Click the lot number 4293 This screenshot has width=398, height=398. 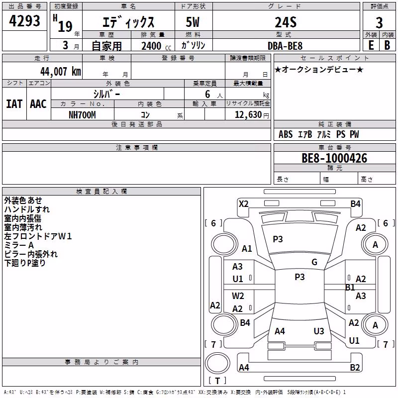(x=24, y=21)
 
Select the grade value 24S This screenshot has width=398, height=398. (x=286, y=22)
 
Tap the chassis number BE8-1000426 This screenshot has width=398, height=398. (x=334, y=158)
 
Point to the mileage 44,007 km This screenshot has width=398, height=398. (x=60, y=72)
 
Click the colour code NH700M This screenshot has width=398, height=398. (x=82, y=115)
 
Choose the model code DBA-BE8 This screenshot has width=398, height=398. (x=285, y=46)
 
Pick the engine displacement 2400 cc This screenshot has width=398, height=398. (x=156, y=46)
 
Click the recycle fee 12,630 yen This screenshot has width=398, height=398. (x=252, y=115)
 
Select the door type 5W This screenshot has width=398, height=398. (x=193, y=22)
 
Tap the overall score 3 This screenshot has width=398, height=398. (x=379, y=22)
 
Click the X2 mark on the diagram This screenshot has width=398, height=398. (x=243, y=204)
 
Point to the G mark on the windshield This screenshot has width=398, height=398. (x=314, y=262)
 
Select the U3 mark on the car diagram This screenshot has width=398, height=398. (x=319, y=331)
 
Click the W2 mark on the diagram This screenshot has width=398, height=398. (x=238, y=296)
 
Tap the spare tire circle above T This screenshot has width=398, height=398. (x=217, y=363)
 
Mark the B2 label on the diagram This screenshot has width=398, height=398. (x=355, y=367)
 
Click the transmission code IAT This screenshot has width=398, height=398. (x=14, y=104)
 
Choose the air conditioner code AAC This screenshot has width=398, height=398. (x=38, y=104)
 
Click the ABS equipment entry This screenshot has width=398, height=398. (x=286, y=134)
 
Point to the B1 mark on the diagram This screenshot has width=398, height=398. (x=350, y=288)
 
